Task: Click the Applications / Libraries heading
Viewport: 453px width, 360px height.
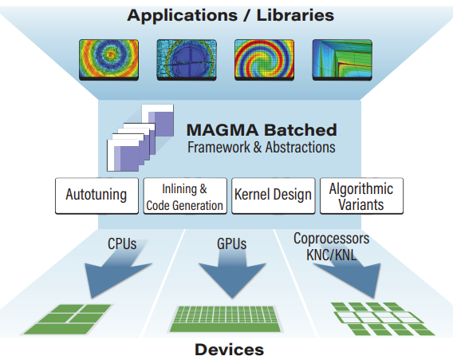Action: click(229, 14)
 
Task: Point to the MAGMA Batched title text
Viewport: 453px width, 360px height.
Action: click(261, 129)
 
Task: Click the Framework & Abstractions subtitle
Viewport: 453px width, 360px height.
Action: click(261, 148)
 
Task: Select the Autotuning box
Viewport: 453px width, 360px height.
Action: click(96, 196)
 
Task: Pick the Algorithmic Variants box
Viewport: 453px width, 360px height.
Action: click(361, 196)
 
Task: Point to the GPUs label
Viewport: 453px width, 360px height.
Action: click(232, 240)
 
